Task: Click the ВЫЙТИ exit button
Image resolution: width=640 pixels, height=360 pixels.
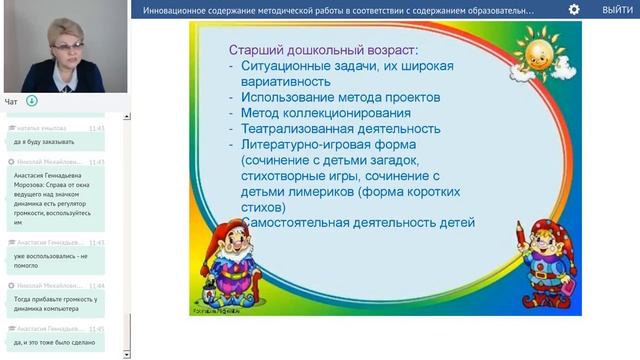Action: (616, 9)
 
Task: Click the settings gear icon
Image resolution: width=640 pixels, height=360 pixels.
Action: (574, 9)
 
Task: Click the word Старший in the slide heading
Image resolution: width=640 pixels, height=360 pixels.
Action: (256, 48)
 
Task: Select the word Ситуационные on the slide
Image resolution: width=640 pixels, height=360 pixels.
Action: (289, 66)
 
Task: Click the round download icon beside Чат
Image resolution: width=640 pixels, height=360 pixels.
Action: (31, 101)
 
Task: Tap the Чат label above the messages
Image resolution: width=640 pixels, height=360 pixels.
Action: (11, 102)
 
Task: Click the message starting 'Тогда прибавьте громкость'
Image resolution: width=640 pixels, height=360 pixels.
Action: (55, 304)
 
